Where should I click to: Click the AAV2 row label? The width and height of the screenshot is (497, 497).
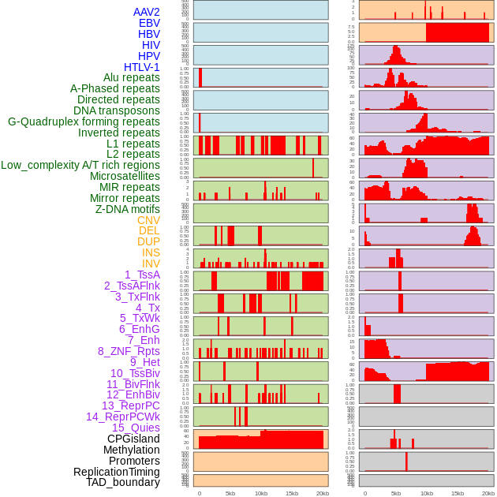click(x=147, y=13)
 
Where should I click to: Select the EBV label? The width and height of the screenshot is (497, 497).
click(x=149, y=24)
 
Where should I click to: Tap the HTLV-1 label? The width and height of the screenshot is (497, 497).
click(x=142, y=67)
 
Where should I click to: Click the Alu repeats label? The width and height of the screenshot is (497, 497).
click(x=132, y=78)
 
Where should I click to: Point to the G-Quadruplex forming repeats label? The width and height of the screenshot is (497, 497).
click(x=84, y=122)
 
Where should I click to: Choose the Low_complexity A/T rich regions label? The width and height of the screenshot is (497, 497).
click(x=80, y=166)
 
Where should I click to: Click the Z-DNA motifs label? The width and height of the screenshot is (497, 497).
click(x=128, y=209)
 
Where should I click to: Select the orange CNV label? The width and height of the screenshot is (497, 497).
click(x=148, y=220)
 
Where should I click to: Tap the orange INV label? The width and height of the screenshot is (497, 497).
click(x=151, y=263)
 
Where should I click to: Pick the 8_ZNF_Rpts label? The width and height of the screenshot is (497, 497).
click(x=129, y=351)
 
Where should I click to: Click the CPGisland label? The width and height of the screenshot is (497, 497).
click(x=133, y=439)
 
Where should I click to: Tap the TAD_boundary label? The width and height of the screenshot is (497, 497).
click(x=123, y=482)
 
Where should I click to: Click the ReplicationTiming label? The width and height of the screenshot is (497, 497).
click(x=116, y=472)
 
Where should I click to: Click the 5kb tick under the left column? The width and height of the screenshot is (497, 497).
click(x=230, y=493)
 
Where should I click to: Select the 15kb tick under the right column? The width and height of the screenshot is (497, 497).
click(x=458, y=493)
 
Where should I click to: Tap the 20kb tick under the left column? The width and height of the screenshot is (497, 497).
click(x=323, y=493)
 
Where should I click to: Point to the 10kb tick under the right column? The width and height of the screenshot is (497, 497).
click(x=427, y=493)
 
